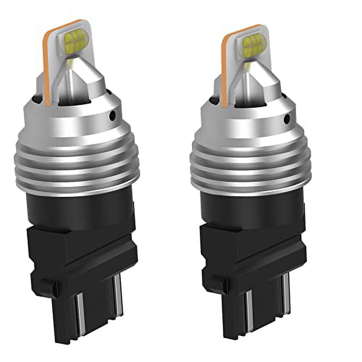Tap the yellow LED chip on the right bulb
click(254, 46)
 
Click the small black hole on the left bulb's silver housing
click(113, 115)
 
